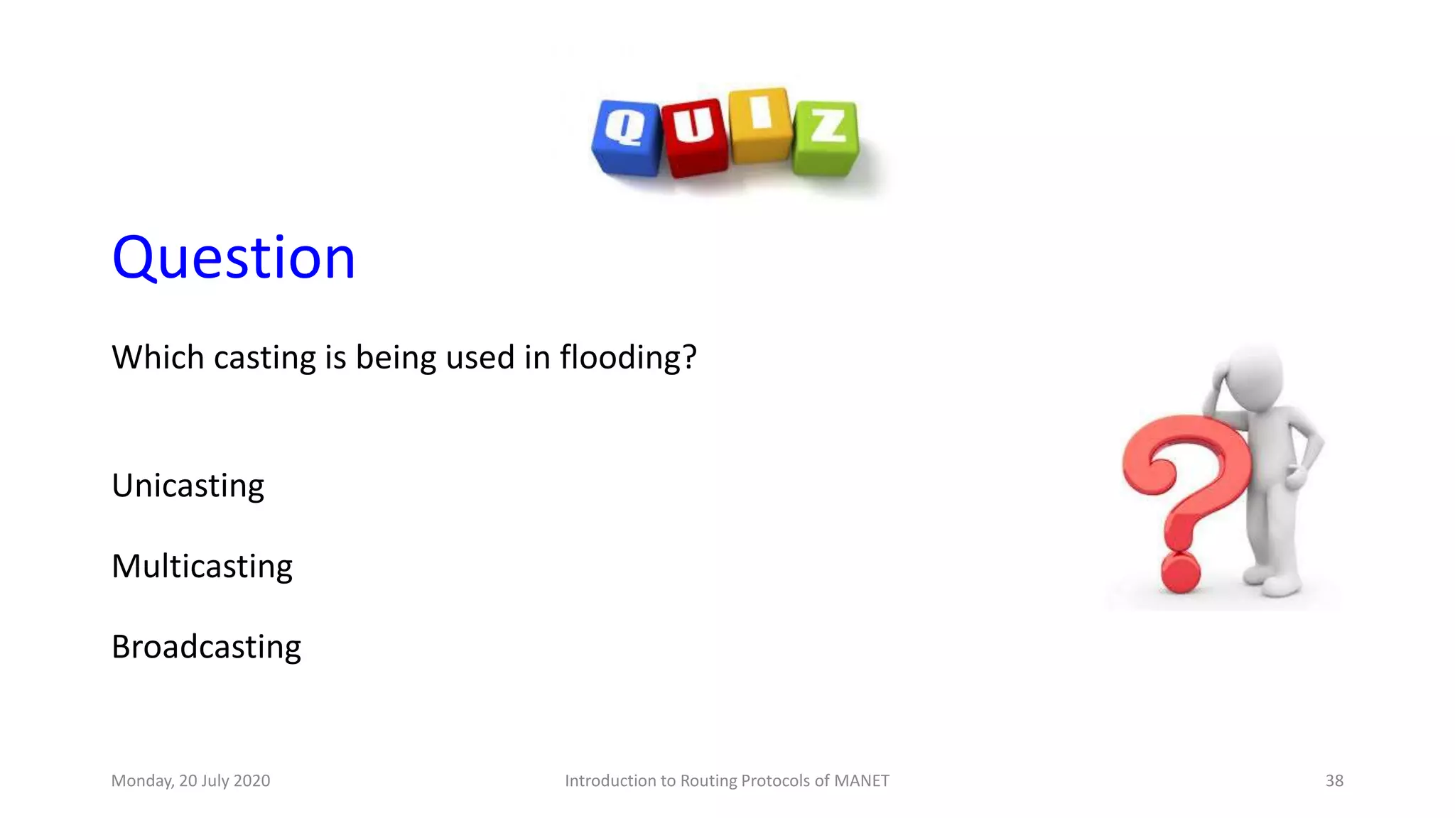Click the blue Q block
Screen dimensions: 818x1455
pos(627,138)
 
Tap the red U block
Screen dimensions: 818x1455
pos(694,138)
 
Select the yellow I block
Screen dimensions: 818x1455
pos(760,125)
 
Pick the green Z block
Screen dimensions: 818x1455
pos(826,138)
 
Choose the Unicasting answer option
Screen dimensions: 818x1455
pos(188,486)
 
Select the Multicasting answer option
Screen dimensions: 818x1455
pos(202,567)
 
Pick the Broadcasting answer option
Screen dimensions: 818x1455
pos(206,647)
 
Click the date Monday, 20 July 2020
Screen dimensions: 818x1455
pos(190,780)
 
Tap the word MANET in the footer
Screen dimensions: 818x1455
pos(861,780)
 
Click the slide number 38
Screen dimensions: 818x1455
pos(1334,780)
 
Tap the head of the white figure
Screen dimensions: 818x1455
pos(1254,376)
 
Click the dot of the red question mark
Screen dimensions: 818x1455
pos(1180,573)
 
